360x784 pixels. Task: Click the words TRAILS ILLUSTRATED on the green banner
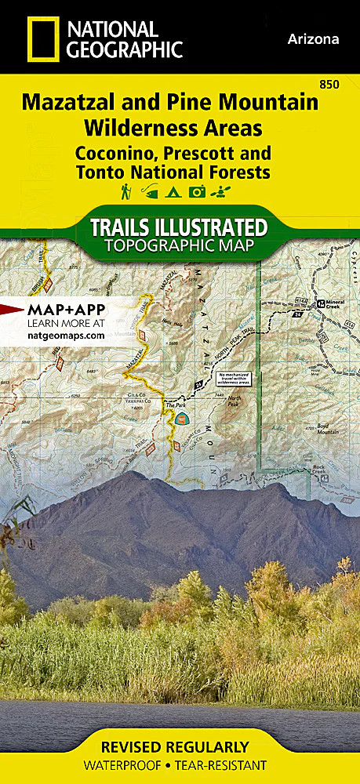180,228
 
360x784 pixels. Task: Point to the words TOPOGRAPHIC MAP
180,247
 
